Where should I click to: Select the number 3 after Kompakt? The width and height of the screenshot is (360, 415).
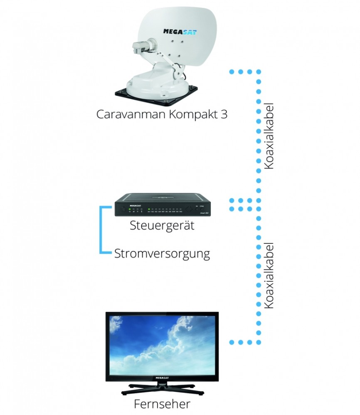224,114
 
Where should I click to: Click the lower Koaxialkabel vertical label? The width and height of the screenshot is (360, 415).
269,275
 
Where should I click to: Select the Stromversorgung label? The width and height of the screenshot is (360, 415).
162,253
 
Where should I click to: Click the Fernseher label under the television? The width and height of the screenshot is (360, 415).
162,404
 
